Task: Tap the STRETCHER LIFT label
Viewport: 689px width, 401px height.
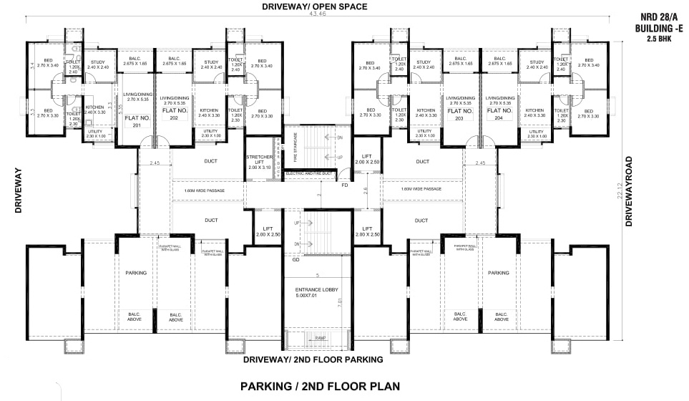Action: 260,160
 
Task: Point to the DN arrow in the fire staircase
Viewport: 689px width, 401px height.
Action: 339,136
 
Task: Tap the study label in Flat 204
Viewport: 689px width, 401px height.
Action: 537,65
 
